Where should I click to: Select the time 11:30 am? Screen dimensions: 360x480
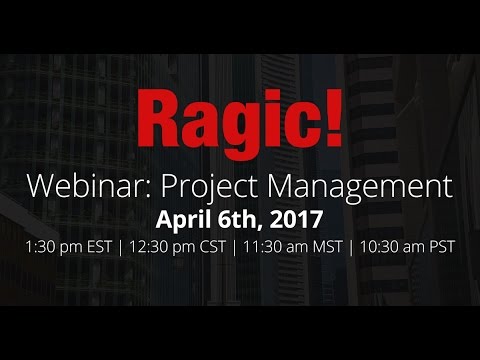pos(264,245)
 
